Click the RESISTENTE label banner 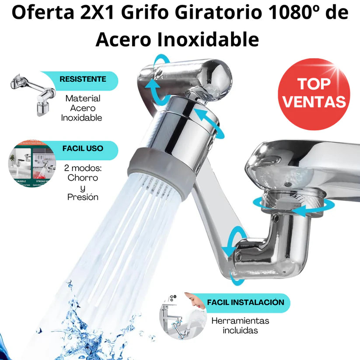click(83, 80)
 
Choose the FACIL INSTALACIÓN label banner click(245, 302)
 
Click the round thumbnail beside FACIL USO click(32, 164)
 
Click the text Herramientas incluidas click(240, 325)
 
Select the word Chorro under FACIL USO click(83, 178)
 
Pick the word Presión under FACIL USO click(83, 197)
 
